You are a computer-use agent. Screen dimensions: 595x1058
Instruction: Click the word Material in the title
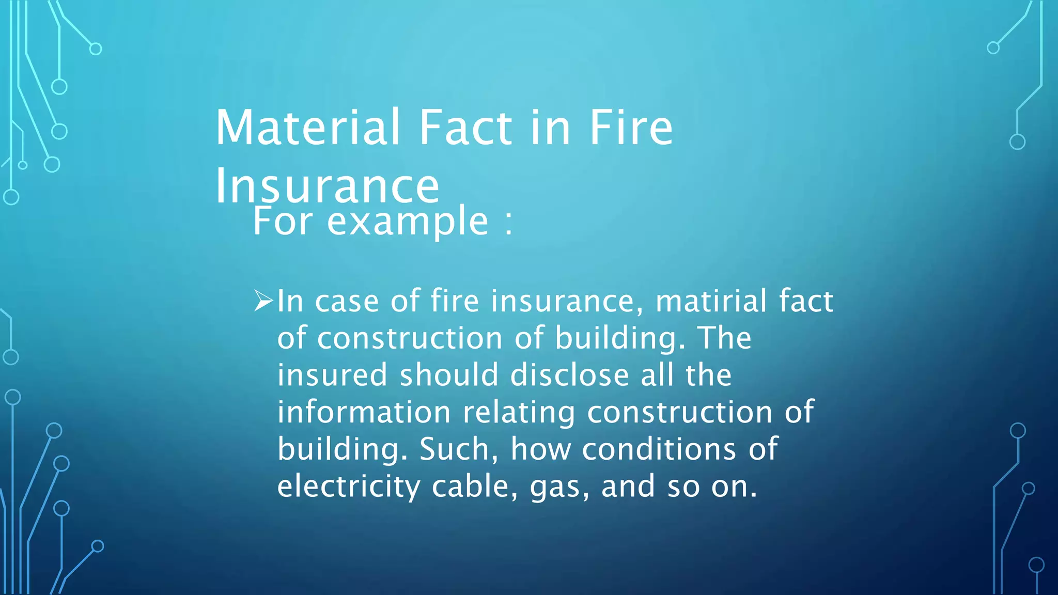click(308, 127)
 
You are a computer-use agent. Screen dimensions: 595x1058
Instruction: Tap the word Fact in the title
click(465, 127)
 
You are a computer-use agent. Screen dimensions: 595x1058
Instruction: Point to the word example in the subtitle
click(408, 221)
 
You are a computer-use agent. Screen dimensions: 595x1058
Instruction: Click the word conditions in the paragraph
click(659, 449)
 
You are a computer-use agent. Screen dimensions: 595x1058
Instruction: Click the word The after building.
click(725, 338)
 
